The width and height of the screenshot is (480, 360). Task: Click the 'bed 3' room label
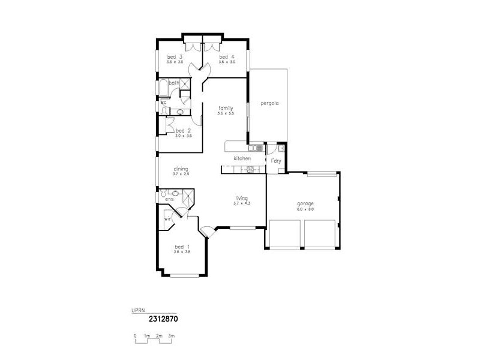175,57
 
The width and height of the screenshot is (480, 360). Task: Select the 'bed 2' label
183,131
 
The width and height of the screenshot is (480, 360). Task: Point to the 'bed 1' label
182,247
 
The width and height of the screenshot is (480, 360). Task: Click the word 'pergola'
269,103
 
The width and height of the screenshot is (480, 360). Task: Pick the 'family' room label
225,108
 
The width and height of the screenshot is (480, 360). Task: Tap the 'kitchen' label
242,158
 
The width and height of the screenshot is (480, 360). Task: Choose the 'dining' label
181,169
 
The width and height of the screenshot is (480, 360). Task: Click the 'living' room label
241,198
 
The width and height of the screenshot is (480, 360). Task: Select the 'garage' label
305,203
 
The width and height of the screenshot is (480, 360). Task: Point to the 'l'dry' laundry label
276,161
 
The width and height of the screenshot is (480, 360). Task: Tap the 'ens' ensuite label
170,199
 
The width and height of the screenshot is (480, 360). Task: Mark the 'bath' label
173,83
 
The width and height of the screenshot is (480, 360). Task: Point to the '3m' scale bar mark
171,336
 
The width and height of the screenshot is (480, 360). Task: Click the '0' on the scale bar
135,336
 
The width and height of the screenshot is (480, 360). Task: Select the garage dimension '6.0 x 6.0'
305,209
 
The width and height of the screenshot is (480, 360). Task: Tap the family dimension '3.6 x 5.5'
225,113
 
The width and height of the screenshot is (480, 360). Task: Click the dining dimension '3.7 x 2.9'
181,174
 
